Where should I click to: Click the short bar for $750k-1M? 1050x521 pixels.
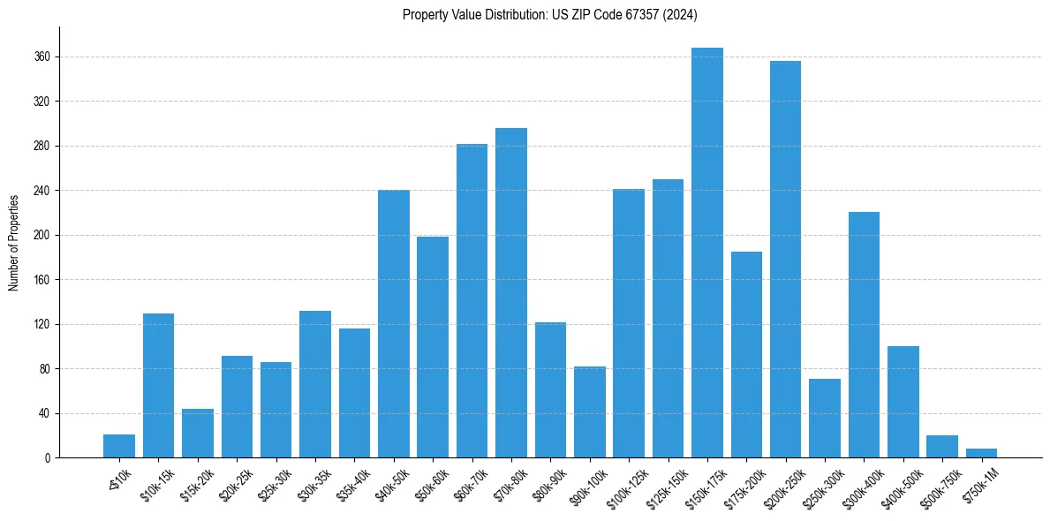coord(981,453)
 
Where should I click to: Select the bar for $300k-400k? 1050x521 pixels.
coord(864,335)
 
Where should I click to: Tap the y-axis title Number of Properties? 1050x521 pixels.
coord(13,242)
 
